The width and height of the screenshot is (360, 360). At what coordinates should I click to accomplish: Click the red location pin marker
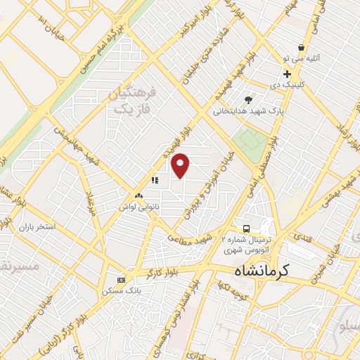181,165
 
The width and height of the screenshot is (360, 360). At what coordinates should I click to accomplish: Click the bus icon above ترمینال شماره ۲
246,229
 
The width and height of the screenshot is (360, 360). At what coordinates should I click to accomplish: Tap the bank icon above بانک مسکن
121,279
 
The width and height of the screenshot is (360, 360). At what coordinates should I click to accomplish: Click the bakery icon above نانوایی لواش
139,196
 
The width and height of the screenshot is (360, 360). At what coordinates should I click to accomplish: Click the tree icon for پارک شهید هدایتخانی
247,100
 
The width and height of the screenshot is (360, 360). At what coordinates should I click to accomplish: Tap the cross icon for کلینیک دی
287,74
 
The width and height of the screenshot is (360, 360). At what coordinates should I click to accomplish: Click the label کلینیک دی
286,85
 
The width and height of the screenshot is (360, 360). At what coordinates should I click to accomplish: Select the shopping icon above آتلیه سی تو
301,47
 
